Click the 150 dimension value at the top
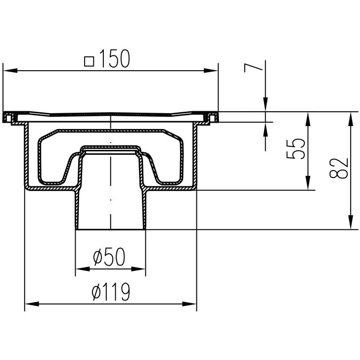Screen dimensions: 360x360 115,58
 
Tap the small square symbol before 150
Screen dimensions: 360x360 89,61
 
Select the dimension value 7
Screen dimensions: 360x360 253,68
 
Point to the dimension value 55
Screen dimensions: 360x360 296,148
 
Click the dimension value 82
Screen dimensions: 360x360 339,168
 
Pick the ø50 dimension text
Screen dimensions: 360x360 109,257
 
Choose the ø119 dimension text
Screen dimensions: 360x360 111,292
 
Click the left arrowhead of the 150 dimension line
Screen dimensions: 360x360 10,70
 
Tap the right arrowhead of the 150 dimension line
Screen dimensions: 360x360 211,71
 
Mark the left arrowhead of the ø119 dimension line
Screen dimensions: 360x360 32,304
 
